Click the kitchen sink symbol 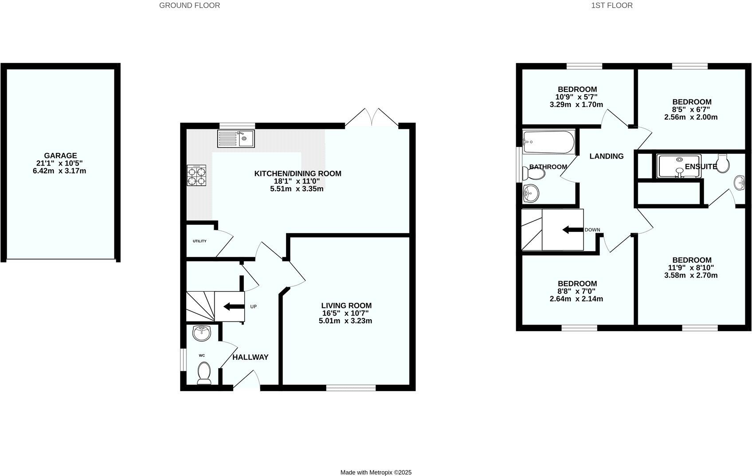[235, 139]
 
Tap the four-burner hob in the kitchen [196, 175]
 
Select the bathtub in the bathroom [548, 142]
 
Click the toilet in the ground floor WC [204, 373]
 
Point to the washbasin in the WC [203, 333]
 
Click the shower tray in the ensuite [679, 167]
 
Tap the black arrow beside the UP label [232, 306]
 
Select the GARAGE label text [60, 156]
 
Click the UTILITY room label [200, 241]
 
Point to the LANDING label [606, 156]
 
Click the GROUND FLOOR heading [189, 5]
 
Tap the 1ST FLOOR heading [611, 5]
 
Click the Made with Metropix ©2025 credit [376, 472]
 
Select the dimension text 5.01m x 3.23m [345, 321]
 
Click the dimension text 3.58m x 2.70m [691, 275]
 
